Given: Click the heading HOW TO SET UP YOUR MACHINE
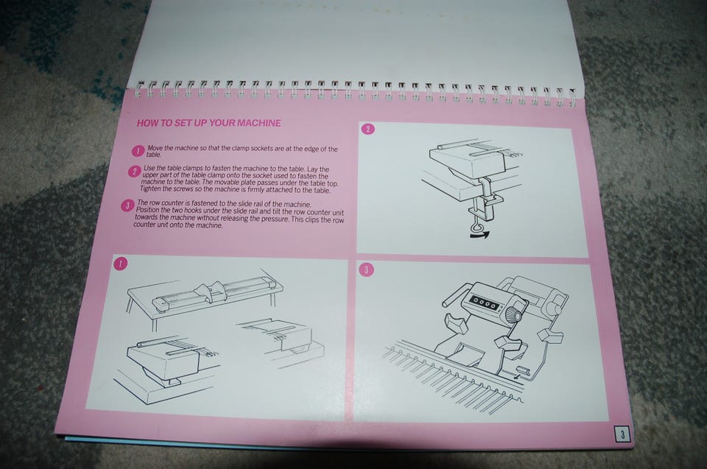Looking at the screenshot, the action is tap(208, 123).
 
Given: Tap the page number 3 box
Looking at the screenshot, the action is tap(623, 434).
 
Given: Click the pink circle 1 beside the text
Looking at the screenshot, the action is tap(138, 151).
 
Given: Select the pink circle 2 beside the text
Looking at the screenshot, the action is tap(134, 172).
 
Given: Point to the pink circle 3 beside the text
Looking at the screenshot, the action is tap(127, 206).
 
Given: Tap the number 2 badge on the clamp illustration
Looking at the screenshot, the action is tap(368, 130).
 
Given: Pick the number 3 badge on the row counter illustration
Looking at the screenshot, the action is tap(367, 269).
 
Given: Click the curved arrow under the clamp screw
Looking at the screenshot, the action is tap(479, 234).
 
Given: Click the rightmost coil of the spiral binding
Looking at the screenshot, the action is tap(571, 99).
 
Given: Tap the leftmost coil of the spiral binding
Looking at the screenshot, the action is tap(140, 89).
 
